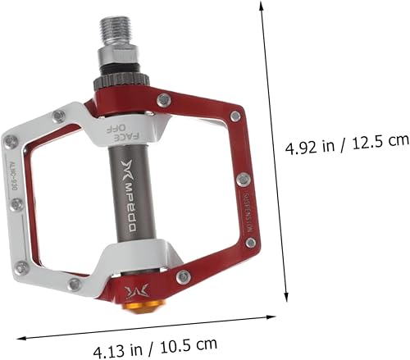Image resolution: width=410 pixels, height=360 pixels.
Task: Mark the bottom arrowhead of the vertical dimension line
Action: point(286,301)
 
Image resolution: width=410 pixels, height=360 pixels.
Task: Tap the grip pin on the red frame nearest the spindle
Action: point(165,99)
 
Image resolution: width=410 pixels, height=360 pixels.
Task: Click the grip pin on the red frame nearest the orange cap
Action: point(182,276)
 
